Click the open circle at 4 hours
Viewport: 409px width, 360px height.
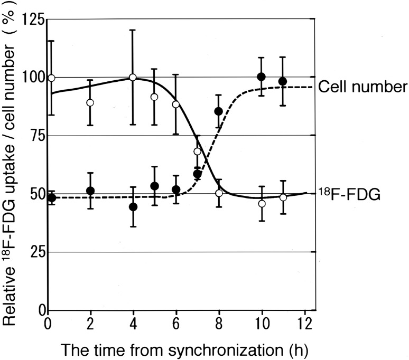point(133,78)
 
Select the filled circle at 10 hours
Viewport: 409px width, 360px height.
point(261,77)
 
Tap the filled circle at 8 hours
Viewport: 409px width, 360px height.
point(218,111)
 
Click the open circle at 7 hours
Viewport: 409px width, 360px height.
point(198,151)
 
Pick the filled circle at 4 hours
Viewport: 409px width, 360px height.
point(133,207)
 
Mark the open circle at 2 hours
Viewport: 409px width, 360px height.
point(90,102)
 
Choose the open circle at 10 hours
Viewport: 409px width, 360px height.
point(262,204)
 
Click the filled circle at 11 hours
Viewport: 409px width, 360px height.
point(282,81)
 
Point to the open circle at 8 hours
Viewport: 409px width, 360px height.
point(219,193)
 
